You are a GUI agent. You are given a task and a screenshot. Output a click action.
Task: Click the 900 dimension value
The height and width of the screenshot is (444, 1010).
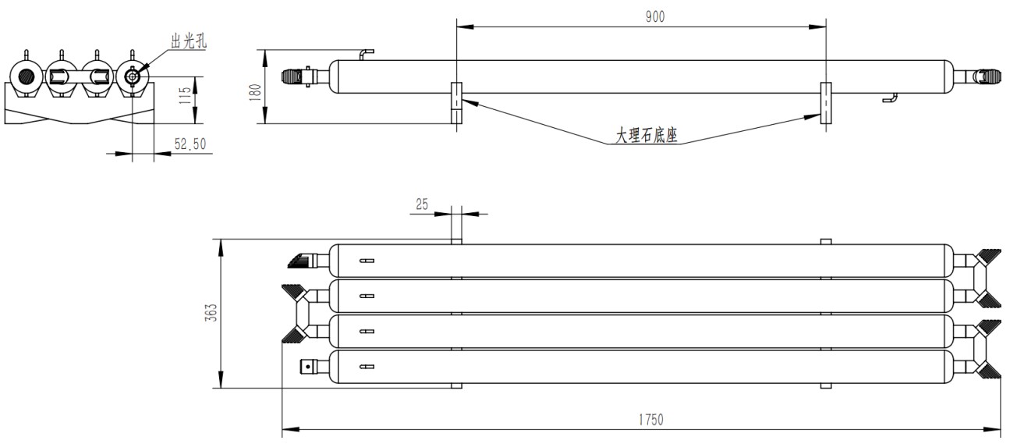point(655,17)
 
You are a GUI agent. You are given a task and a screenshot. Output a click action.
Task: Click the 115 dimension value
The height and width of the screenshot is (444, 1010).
point(185,94)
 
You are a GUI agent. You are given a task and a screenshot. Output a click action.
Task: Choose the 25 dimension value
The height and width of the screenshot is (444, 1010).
point(421,204)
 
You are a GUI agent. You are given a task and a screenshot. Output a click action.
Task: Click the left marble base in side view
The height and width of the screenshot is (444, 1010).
point(456,103)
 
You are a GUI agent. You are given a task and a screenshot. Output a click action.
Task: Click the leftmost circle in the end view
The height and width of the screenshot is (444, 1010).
point(26,77)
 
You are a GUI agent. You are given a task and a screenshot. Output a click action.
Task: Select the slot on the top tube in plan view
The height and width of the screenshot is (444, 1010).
point(367,261)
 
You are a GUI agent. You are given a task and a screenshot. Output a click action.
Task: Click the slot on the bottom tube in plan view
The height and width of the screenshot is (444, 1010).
point(367,366)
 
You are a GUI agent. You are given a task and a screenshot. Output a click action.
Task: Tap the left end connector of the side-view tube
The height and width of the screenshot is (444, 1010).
point(299,76)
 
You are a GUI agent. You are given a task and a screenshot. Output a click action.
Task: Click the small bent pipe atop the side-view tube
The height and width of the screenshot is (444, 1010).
point(366,54)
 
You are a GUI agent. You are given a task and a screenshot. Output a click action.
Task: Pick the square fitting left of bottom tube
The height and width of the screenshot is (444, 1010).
point(309,365)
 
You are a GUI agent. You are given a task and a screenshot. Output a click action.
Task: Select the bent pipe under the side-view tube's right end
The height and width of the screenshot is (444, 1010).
point(892,98)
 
